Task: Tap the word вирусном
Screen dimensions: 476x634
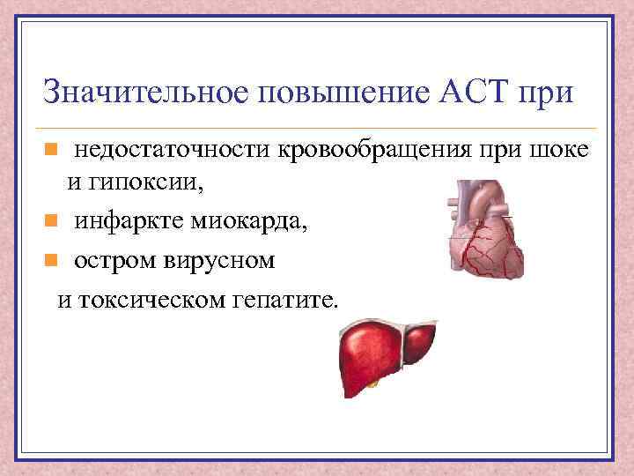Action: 221,261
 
